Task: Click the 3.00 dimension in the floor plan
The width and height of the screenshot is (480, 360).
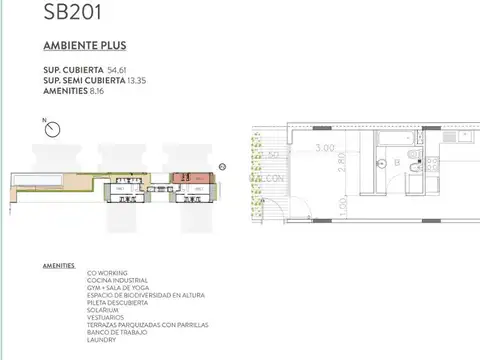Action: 324,148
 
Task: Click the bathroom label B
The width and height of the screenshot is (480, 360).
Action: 396,160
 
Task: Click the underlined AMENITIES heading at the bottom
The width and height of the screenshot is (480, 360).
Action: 59,266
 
